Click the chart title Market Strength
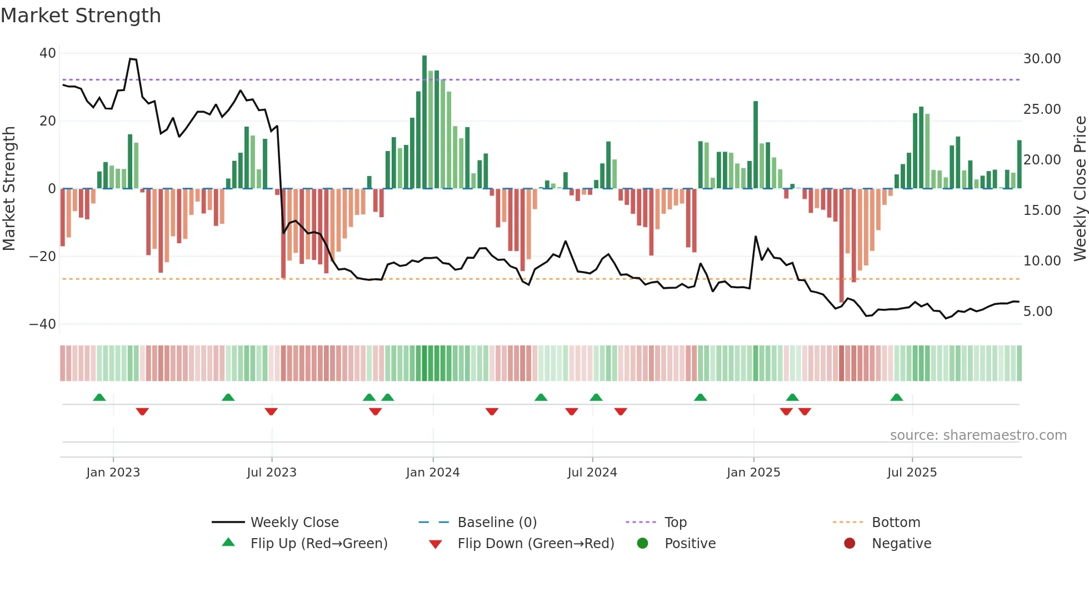tap(81, 16)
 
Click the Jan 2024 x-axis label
tap(433, 473)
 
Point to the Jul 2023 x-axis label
tap(272, 473)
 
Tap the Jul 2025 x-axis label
tap(912, 473)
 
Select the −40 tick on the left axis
tap(43, 324)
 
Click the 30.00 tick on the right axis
tap(1042, 59)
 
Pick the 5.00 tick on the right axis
tap(1038, 312)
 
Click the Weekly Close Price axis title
tap(1080, 189)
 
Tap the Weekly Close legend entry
tap(294, 523)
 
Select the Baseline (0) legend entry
tap(497, 523)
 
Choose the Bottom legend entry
tap(896, 523)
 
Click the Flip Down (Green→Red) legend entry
tap(536, 544)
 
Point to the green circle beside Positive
tap(643, 544)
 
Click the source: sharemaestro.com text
tap(978, 435)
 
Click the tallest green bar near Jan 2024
tap(424, 122)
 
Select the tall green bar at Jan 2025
tap(756, 144)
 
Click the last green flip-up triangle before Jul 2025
tap(896, 397)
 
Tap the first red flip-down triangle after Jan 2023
tap(142, 412)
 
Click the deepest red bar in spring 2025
tap(841, 244)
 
